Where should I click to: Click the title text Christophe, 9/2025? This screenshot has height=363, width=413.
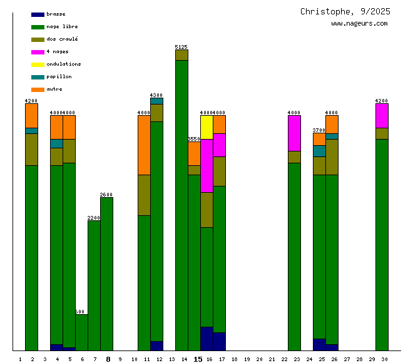(345, 11)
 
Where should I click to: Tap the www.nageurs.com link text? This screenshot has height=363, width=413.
(359, 24)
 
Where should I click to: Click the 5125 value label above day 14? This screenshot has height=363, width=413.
(181, 47)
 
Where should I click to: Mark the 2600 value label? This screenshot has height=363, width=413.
(106, 195)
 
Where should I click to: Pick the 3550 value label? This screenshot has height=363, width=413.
(194, 139)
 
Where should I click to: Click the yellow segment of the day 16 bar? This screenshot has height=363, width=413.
(206, 127)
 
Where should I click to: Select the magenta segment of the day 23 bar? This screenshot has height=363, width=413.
(294, 133)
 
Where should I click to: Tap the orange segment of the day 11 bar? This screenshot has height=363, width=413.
(144, 145)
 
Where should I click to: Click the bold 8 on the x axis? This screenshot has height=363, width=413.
(108, 359)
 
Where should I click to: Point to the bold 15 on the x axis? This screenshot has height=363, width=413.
(198, 359)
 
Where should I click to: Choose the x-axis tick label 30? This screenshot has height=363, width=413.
(384, 359)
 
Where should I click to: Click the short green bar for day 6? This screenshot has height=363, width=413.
(81, 332)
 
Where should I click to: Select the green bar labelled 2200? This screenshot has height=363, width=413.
(94, 285)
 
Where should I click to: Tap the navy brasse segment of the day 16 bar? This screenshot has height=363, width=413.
(206, 339)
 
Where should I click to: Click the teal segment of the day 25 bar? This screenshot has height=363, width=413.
(319, 151)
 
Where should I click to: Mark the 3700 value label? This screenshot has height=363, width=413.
(319, 130)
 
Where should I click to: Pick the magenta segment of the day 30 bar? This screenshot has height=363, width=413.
(382, 115)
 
